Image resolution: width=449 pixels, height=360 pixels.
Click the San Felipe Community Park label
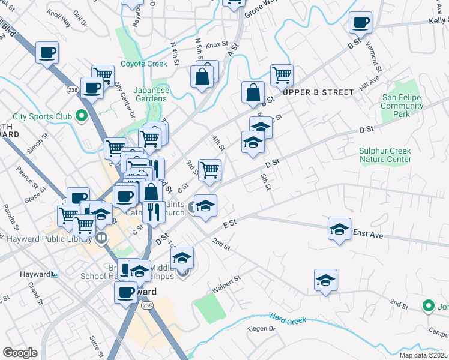(402, 106)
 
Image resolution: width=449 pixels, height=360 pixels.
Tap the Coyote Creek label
(143, 64)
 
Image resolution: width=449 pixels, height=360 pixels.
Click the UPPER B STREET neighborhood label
(318, 92)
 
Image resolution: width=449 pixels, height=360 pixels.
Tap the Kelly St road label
(439, 20)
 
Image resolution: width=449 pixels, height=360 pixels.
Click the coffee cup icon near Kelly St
(361, 23)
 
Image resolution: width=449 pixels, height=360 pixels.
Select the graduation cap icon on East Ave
(339, 229)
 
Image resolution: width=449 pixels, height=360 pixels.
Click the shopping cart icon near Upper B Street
(281, 75)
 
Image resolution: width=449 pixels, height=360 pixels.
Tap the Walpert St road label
(229, 283)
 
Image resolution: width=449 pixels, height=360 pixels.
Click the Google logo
(20, 353)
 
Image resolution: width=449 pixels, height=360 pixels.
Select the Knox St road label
(217, 44)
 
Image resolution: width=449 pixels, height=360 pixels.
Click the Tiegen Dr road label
(263, 328)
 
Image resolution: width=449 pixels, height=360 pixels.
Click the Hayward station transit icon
(55, 274)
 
